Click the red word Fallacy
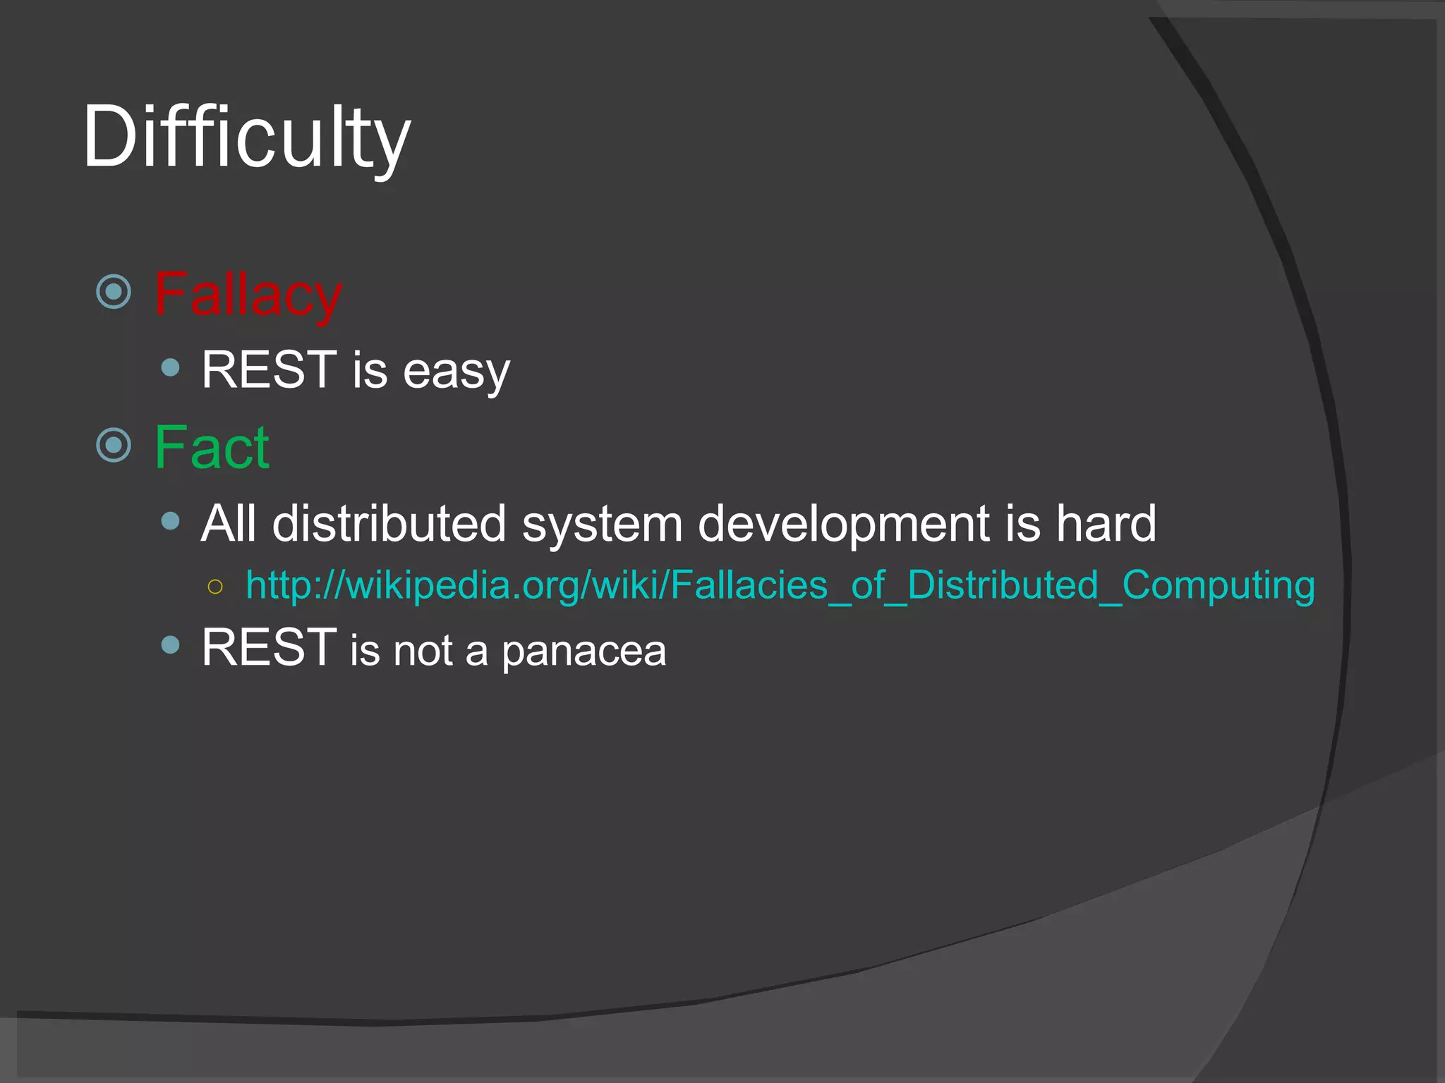[x=248, y=295]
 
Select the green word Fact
[x=211, y=448]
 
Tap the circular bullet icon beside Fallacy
[x=114, y=292]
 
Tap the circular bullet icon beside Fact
[x=114, y=445]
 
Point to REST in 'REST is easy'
[x=269, y=369]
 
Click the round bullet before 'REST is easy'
[x=170, y=367]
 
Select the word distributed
[x=389, y=524]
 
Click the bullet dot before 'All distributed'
[x=170, y=521]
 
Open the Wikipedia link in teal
[x=780, y=586]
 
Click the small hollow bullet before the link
[x=216, y=587]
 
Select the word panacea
[x=584, y=651]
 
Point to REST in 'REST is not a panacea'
[x=269, y=647]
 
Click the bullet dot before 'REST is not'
[x=170, y=644]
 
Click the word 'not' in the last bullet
[x=423, y=651]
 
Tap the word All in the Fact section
[x=227, y=524]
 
